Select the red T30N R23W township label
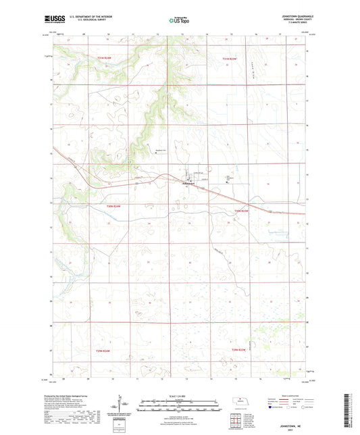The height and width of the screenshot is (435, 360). click(x=241, y=211)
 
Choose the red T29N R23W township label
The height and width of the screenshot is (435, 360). click(x=240, y=350)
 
